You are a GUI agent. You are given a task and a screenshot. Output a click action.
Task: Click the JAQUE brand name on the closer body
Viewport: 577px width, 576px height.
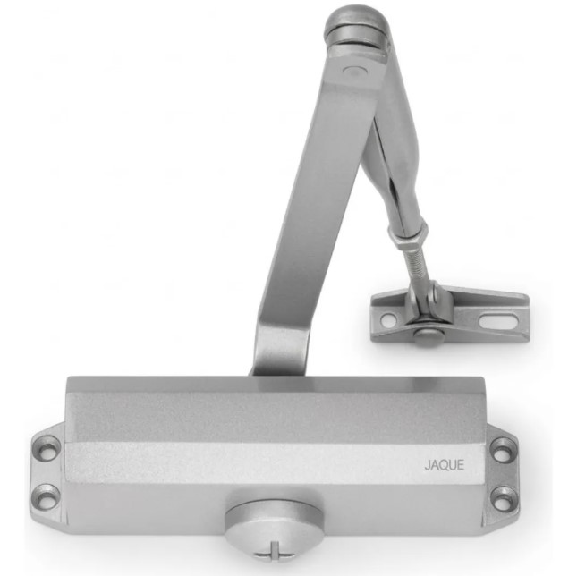pyautogui.click(x=445, y=465)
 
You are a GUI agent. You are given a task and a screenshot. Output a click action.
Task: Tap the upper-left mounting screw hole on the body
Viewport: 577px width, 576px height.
pyautogui.click(x=49, y=451)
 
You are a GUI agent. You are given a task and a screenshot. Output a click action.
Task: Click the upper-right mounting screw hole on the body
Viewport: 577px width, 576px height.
pyautogui.click(x=501, y=451)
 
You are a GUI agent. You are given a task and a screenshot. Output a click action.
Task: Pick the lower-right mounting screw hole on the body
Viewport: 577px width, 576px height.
pyautogui.click(x=502, y=496)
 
